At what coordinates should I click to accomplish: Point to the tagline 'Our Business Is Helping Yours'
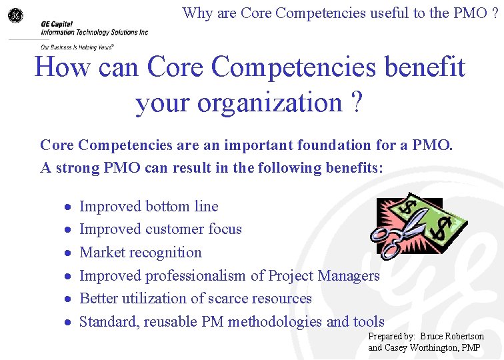pyautogui.click(x=77, y=47)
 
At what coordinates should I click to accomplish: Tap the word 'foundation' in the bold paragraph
pyautogui.click(x=297, y=145)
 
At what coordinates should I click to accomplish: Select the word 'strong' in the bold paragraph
pyautogui.click(x=75, y=167)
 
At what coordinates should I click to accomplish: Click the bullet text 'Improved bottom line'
pyautogui.click(x=149, y=207)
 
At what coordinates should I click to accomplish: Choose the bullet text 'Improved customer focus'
pyautogui.click(x=161, y=229)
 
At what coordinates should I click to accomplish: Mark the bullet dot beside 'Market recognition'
pyautogui.click(x=68, y=253)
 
